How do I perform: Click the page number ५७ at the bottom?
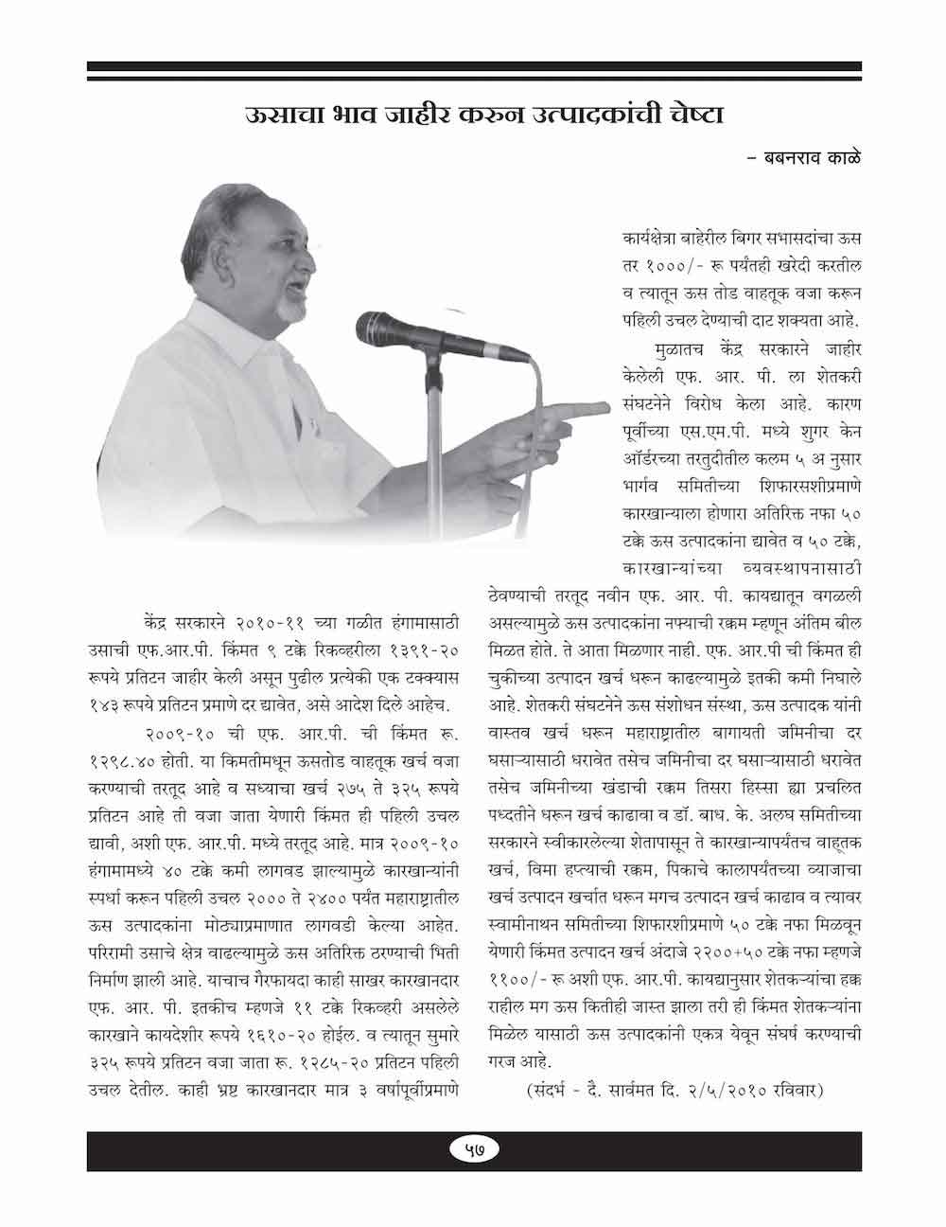472,1149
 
